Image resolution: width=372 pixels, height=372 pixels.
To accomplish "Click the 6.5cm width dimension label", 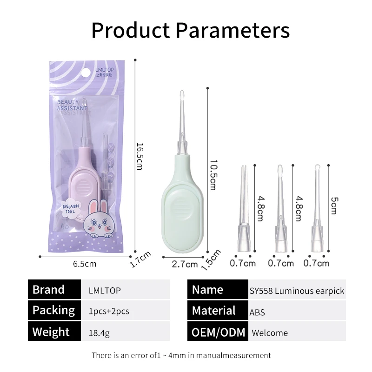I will click(x=85, y=264).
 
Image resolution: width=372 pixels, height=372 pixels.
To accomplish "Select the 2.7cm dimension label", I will click(x=185, y=265).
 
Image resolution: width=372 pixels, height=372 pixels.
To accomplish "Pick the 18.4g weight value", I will click(x=99, y=333).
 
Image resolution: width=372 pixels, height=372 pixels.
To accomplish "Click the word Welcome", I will click(x=270, y=333).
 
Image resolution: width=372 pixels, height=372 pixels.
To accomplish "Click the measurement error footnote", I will click(x=181, y=355).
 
